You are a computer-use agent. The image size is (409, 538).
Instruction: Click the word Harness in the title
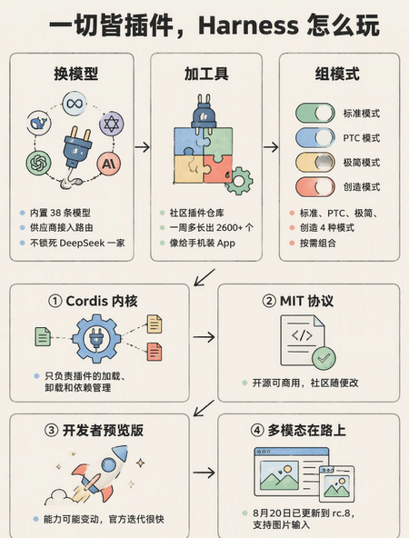tap(248, 25)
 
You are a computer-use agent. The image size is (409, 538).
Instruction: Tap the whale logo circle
tap(39, 124)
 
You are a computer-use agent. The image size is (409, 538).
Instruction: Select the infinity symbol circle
tap(75, 104)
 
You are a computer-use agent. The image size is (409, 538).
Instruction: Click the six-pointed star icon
tap(112, 124)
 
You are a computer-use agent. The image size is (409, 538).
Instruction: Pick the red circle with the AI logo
tap(109, 164)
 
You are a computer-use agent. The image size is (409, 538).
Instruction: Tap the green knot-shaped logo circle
tap(39, 163)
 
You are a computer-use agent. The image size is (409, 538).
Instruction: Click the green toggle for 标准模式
tap(315, 113)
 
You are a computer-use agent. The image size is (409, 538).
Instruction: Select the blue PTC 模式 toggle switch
tap(315, 137)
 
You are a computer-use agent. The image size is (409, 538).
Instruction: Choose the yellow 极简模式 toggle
tap(315, 163)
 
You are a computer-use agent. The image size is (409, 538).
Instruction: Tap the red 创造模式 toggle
tap(315, 187)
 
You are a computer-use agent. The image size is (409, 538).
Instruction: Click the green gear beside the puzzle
tap(239, 181)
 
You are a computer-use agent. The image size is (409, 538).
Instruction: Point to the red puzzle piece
tap(217, 169)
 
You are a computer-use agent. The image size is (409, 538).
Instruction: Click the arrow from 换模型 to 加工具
tap(142, 147)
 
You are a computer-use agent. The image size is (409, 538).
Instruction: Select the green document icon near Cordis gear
tap(43, 336)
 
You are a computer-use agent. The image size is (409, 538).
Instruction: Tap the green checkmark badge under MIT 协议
tap(324, 358)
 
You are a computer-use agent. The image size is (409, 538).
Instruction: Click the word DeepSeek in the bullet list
tap(82, 243)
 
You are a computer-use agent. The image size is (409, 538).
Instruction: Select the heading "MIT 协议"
tap(306, 301)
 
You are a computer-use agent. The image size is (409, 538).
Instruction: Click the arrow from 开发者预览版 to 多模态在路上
tap(204, 473)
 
